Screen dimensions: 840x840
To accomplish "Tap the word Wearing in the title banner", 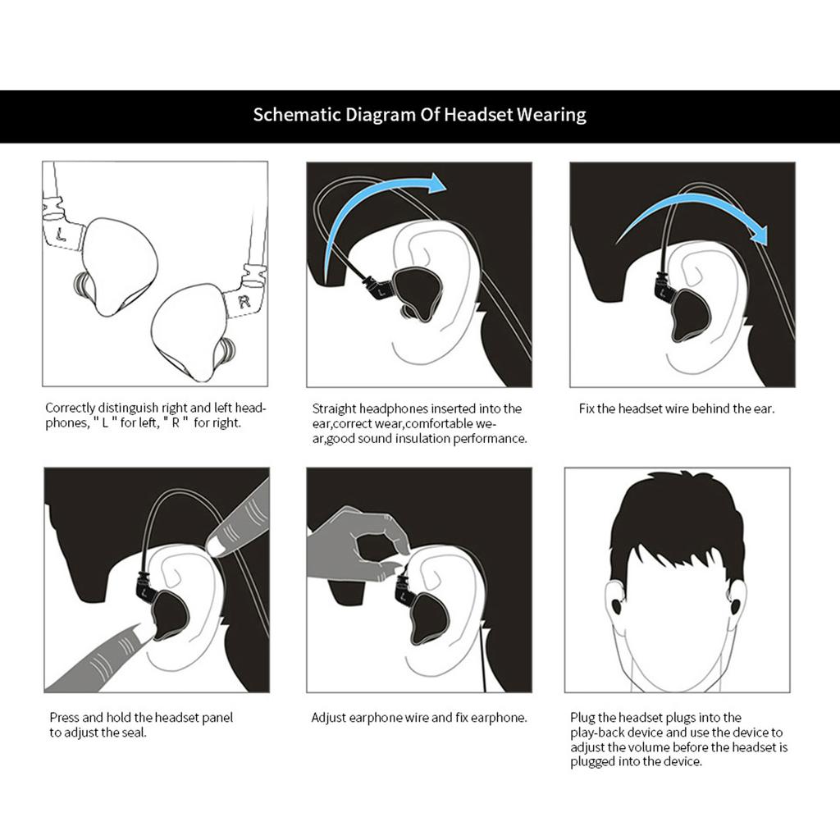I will click(551, 115).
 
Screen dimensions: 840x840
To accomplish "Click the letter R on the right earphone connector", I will click(243, 302).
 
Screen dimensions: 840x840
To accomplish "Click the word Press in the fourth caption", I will click(65, 718).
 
